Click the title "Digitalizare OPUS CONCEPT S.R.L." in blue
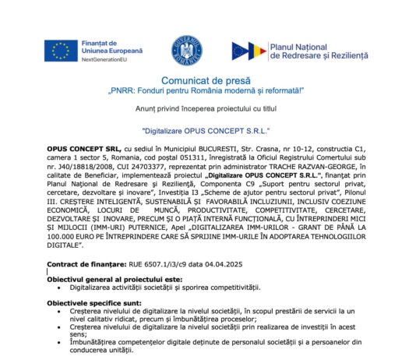[206, 131]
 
